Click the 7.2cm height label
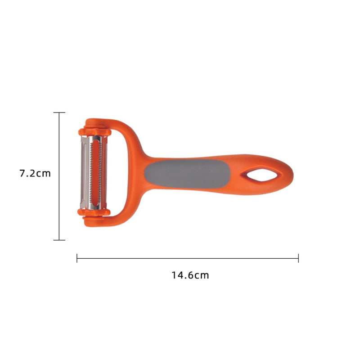pyautogui.click(x=35, y=173)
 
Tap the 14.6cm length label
pyautogui.click(x=190, y=275)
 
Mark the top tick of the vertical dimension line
pyautogui.click(x=59, y=112)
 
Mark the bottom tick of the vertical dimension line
pyautogui.click(x=59, y=240)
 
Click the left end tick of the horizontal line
pyautogui.click(x=77, y=258)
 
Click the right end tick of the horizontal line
pyautogui.click(x=298, y=258)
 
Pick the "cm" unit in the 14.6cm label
pyautogui.click(x=202, y=275)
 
